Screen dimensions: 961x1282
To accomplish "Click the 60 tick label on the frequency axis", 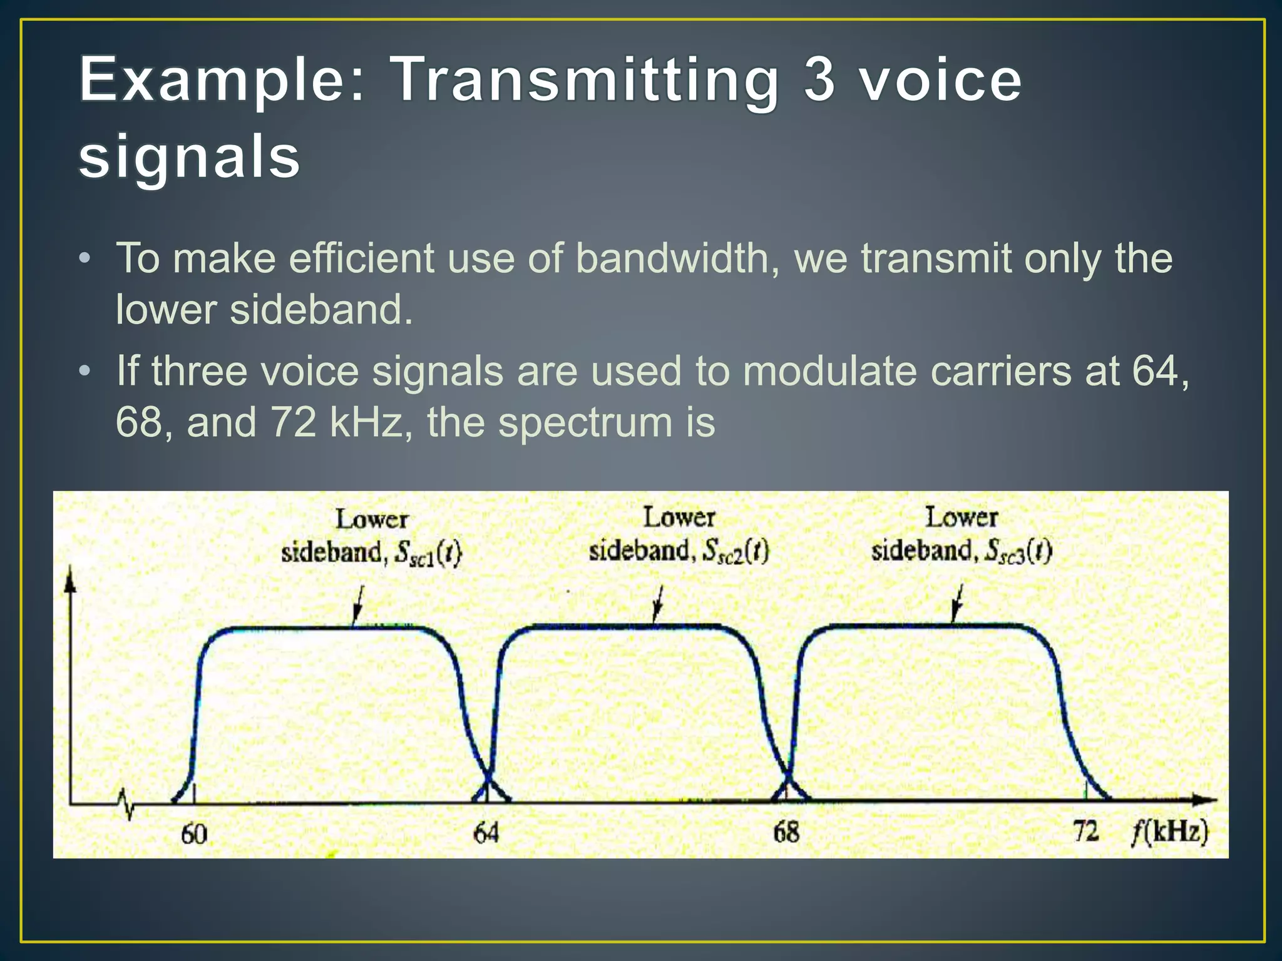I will pyautogui.click(x=193, y=834).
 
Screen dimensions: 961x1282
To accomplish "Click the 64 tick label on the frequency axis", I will pyautogui.click(x=486, y=833).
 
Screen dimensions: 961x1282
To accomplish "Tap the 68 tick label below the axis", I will pyautogui.click(x=786, y=832).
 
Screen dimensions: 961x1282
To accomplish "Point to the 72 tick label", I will pyautogui.click(x=1086, y=831).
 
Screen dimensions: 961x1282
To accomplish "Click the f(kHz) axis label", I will pyautogui.click(x=1170, y=833).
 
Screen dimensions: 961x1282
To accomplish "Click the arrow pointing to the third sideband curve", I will pyautogui.click(x=957, y=603).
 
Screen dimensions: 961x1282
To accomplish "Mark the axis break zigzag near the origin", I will pyautogui.click(x=125, y=803).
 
